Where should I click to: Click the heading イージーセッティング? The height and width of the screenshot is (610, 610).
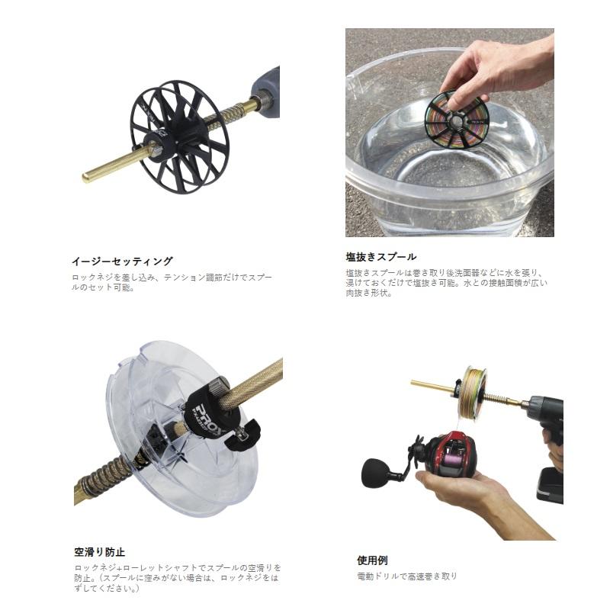click(121, 261)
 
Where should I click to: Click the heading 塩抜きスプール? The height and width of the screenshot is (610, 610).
click(380, 257)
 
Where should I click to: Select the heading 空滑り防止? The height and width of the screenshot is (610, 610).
click(100, 551)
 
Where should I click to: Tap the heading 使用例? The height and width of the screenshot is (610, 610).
click(372, 560)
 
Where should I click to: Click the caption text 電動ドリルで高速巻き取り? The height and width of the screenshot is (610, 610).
click(407, 577)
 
